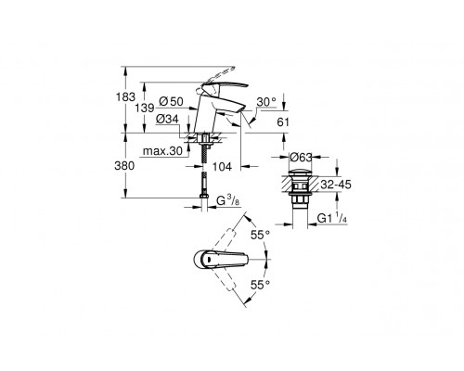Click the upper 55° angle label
pos(268,237)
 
